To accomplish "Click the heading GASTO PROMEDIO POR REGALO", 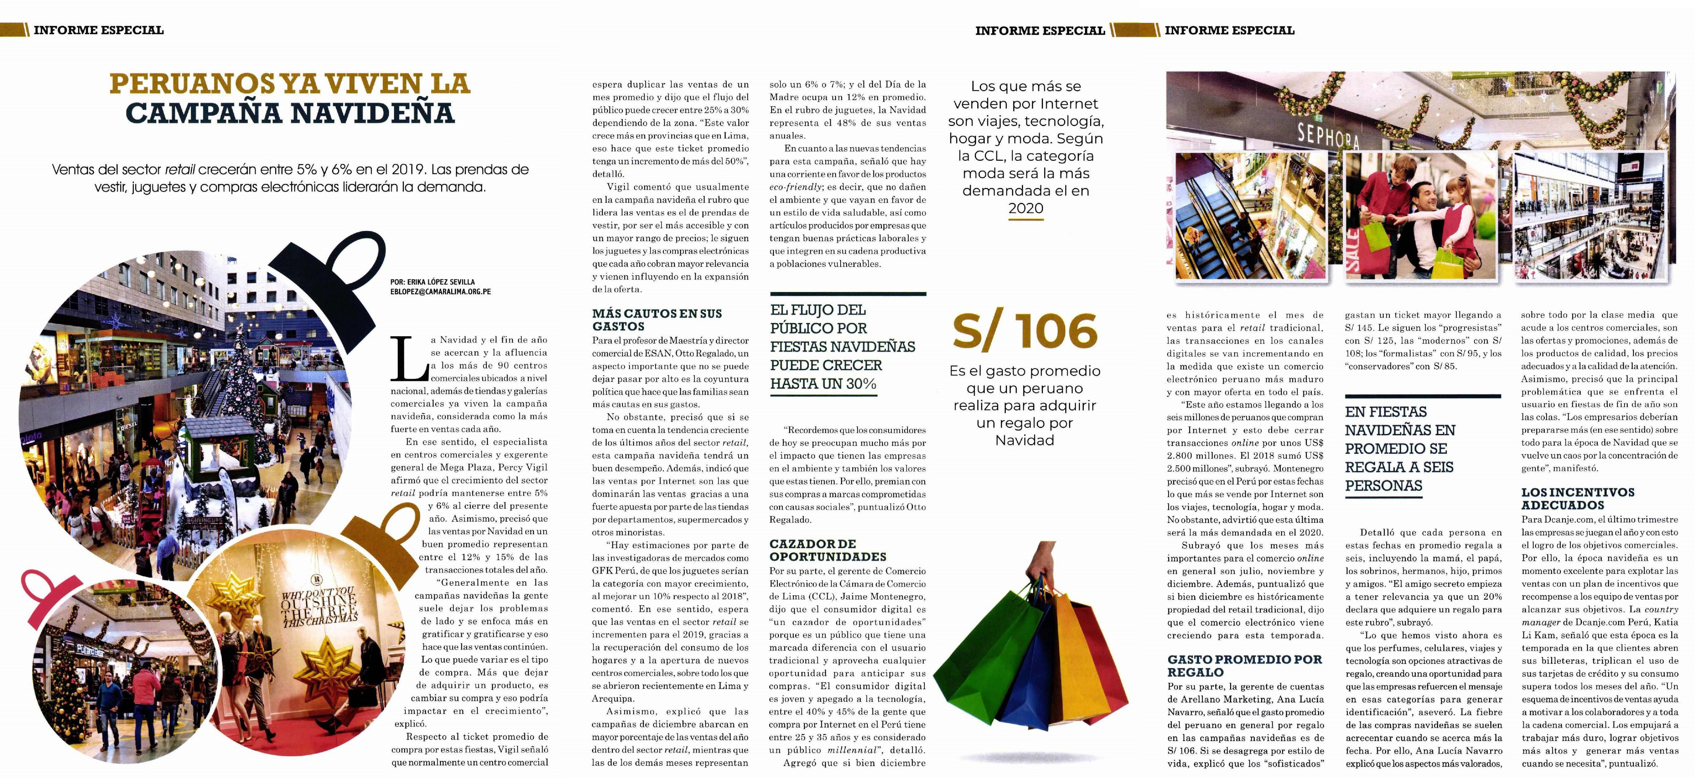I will pos(1244,666).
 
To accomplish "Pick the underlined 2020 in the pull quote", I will pos(1025,208).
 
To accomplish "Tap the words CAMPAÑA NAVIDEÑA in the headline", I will pos(290,113).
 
